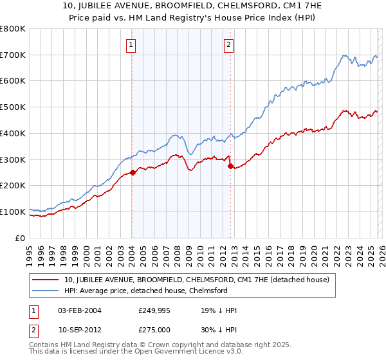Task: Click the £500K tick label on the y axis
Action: [12, 107]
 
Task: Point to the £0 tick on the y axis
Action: [21, 238]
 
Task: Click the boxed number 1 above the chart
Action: [131, 45]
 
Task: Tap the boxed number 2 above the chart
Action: [228, 45]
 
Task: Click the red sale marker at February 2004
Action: [133, 172]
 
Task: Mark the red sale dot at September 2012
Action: [230, 166]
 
